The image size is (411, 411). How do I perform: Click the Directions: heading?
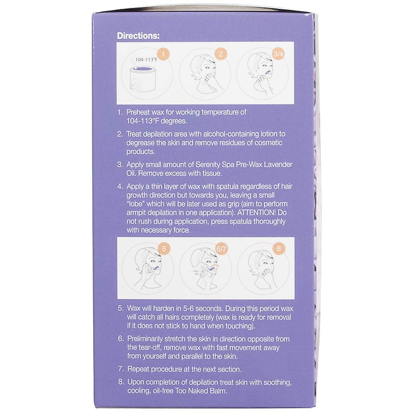[138, 36]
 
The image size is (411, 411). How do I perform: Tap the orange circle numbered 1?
[163, 54]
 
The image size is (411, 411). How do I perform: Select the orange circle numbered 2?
[221, 54]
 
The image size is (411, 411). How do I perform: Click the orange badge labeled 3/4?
[278, 54]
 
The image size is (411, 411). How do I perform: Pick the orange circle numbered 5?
[164, 249]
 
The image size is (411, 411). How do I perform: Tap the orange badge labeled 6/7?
[221, 249]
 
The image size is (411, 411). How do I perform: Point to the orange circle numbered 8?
[278, 249]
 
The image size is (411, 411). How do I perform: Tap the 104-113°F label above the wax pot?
[146, 60]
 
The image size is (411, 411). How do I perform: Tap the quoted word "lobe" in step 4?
[136, 204]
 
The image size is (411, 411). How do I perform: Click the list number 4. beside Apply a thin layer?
[121, 187]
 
